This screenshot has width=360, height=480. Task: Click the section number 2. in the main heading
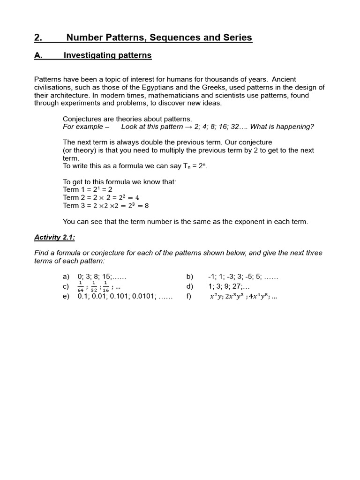pos(38,37)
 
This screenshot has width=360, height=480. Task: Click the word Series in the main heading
pos(239,37)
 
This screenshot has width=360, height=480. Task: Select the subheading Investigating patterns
pos(107,55)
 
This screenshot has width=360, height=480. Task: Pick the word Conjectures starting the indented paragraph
pos(82,119)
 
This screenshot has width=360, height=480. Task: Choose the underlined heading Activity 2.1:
pos(54,237)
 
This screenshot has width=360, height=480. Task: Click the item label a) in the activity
pos(66,277)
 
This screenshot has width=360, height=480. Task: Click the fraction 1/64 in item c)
pos(81,286)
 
